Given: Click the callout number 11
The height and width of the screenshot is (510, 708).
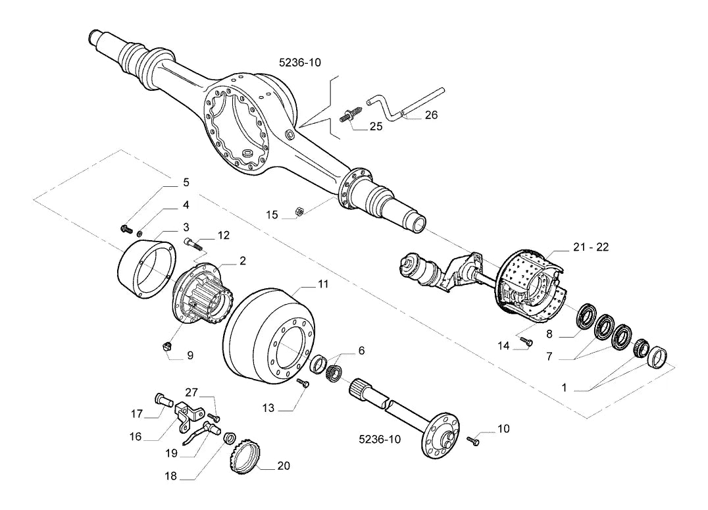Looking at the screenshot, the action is [323, 284].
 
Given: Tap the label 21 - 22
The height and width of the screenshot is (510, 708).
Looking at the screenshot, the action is [591, 247].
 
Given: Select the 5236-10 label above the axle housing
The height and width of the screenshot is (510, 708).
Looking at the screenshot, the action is [300, 63].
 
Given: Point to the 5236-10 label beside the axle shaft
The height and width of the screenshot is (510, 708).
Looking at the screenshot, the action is [380, 439].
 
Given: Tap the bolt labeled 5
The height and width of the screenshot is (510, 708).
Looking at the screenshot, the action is [126, 230].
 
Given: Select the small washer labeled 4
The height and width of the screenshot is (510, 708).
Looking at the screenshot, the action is [140, 233].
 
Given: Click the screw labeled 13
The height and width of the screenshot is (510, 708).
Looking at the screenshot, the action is [303, 383].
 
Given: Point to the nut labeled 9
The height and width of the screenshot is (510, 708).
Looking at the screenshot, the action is [167, 347].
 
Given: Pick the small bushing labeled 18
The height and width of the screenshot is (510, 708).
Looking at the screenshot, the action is [230, 438].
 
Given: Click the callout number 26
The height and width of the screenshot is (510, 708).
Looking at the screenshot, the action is [431, 115].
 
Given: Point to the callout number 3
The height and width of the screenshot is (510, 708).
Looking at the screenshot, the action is [186, 227].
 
